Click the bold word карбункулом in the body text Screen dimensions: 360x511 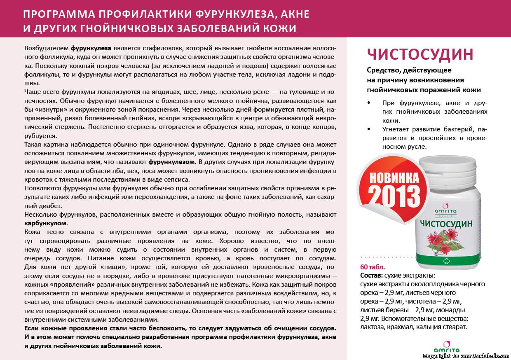pyautogui.click(x=46, y=223)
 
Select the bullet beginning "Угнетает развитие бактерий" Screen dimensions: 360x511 pyautogui.click(x=435, y=138)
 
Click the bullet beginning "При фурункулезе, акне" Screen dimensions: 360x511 pyautogui.click(x=435, y=112)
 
